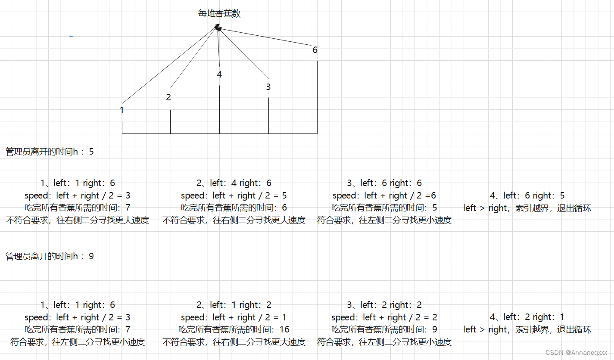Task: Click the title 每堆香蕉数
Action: pos(219,14)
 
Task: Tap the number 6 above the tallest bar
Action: pos(315,50)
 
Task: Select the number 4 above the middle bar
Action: pos(219,74)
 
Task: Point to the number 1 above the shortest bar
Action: pos(122,110)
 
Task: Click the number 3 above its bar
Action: pos(268,87)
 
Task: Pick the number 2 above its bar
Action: pos(168,97)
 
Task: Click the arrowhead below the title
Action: pos(218,28)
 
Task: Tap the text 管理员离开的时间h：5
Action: pos(50,152)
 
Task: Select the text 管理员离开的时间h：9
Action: pos(50,256)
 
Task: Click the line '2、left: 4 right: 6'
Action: pos(234,183)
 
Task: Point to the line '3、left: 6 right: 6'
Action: pos(384,183)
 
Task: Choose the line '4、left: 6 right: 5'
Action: pos(527,196)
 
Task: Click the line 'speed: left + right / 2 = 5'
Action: pos(234,196)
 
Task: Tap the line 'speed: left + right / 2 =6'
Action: pos(384,196)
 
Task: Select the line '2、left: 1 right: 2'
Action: pos(234,305)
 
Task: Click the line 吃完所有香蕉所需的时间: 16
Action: pos(234,329)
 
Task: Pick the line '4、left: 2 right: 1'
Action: pos(527,317)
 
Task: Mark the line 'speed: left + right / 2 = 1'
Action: pos(234,317)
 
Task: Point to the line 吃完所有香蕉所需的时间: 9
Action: pos(384,329)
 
